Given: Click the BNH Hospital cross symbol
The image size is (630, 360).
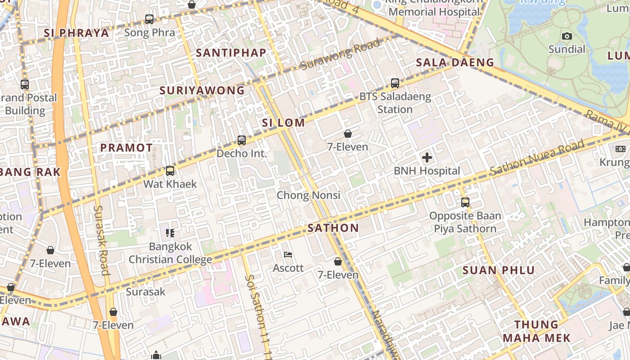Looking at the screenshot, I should [427, 157].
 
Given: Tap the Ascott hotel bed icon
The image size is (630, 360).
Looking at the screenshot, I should [288, 255].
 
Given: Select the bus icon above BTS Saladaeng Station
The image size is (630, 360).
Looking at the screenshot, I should [395, 83].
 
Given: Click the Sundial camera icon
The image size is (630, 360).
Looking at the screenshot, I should [567, 36].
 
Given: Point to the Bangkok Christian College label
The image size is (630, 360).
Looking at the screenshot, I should [170, 253].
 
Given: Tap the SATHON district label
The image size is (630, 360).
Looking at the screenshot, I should [333, 228].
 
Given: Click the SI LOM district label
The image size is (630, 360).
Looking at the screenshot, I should [283, 122].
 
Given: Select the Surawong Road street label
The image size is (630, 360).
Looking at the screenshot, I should [340, 55].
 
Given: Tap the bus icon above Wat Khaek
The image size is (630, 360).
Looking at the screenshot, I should [170, 171].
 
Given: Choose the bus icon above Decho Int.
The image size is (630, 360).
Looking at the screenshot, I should [242, 140].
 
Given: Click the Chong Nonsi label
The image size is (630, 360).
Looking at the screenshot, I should [308, 195].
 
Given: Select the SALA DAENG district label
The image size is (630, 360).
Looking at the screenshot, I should [455, 62].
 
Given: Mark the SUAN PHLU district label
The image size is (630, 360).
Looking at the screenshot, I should [499, 270].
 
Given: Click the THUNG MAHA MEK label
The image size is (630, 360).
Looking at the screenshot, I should [536, 331].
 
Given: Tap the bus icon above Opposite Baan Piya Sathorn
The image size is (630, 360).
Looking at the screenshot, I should [465, 202].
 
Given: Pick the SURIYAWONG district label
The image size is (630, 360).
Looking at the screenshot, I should [202, 90].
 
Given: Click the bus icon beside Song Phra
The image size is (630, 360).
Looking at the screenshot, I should [149, 19].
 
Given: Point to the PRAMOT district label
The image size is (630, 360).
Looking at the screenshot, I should [126, 148].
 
